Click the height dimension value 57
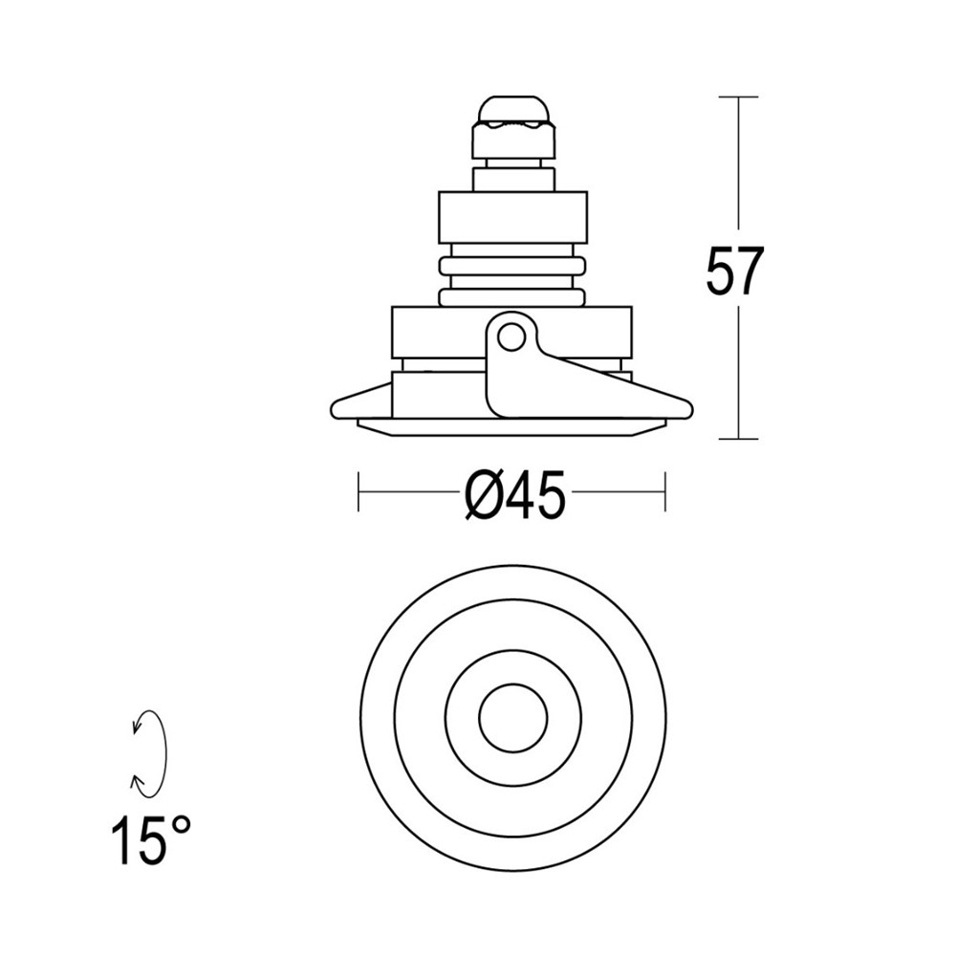click(736, 272)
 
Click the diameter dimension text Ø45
click(514, 496)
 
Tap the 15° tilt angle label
click(150, 839)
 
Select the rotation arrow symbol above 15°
click(149, 752)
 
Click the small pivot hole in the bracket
click(511, 337)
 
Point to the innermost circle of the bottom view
click(512, 717)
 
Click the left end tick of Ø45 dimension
click(358, 491)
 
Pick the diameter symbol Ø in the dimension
click(483, 496)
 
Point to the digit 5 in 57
click(721, 272)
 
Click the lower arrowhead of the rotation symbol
click(139, 784)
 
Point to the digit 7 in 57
click(751, 272)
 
